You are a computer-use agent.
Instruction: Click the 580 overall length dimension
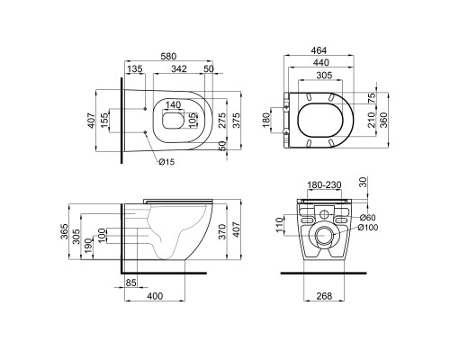(168, 56)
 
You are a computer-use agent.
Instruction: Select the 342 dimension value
(179, 68)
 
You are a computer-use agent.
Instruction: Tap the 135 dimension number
(135, 68)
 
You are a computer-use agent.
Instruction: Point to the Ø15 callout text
(166, 162)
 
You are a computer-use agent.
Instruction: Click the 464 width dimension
(319, 50)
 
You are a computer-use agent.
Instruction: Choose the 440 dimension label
(320, 62)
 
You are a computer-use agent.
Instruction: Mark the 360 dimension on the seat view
(383, 120)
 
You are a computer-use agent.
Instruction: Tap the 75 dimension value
(372, 98)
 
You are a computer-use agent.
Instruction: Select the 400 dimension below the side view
(155, 296)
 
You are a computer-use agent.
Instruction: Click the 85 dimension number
(130, 283)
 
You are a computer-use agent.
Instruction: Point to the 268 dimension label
(324, 296)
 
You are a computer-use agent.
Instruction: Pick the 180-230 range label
(324, 185)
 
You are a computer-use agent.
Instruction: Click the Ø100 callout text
(368, 228)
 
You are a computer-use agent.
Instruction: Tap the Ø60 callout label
(367, 217)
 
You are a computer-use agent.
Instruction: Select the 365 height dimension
(65, 231)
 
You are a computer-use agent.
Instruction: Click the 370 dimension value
(222, 231)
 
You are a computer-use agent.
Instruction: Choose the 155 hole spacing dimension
(104, 120)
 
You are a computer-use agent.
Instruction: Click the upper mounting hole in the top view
(146, 109)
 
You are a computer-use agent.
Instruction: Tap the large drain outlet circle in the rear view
(324, 236)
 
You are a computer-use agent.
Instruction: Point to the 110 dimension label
(280, 225)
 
